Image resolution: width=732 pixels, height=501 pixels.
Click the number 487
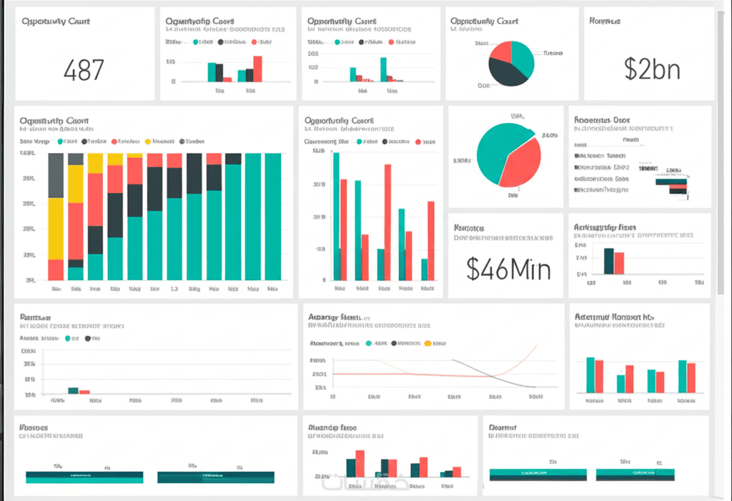(84, 69)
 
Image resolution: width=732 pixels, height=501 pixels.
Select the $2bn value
(651, 69)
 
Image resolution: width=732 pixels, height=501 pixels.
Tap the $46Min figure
(508, 268)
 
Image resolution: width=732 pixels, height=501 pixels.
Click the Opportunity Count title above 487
(55, 21)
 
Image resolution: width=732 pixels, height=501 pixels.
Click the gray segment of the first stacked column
(56, 174)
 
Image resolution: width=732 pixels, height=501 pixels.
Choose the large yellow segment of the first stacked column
(56, 228)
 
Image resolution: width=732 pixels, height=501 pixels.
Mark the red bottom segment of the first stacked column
(56, 269)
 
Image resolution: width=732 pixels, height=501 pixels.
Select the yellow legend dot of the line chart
(428, 344)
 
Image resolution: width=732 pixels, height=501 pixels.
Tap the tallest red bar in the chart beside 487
(257, 68)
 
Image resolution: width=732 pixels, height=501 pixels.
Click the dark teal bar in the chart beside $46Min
(609, 260)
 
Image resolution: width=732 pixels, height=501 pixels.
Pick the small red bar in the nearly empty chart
(84, 392)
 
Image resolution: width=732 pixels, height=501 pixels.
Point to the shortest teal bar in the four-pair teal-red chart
(621, 383)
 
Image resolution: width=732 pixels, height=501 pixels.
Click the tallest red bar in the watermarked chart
(360, 462)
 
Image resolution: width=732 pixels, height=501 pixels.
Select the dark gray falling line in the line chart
(493, 373)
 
